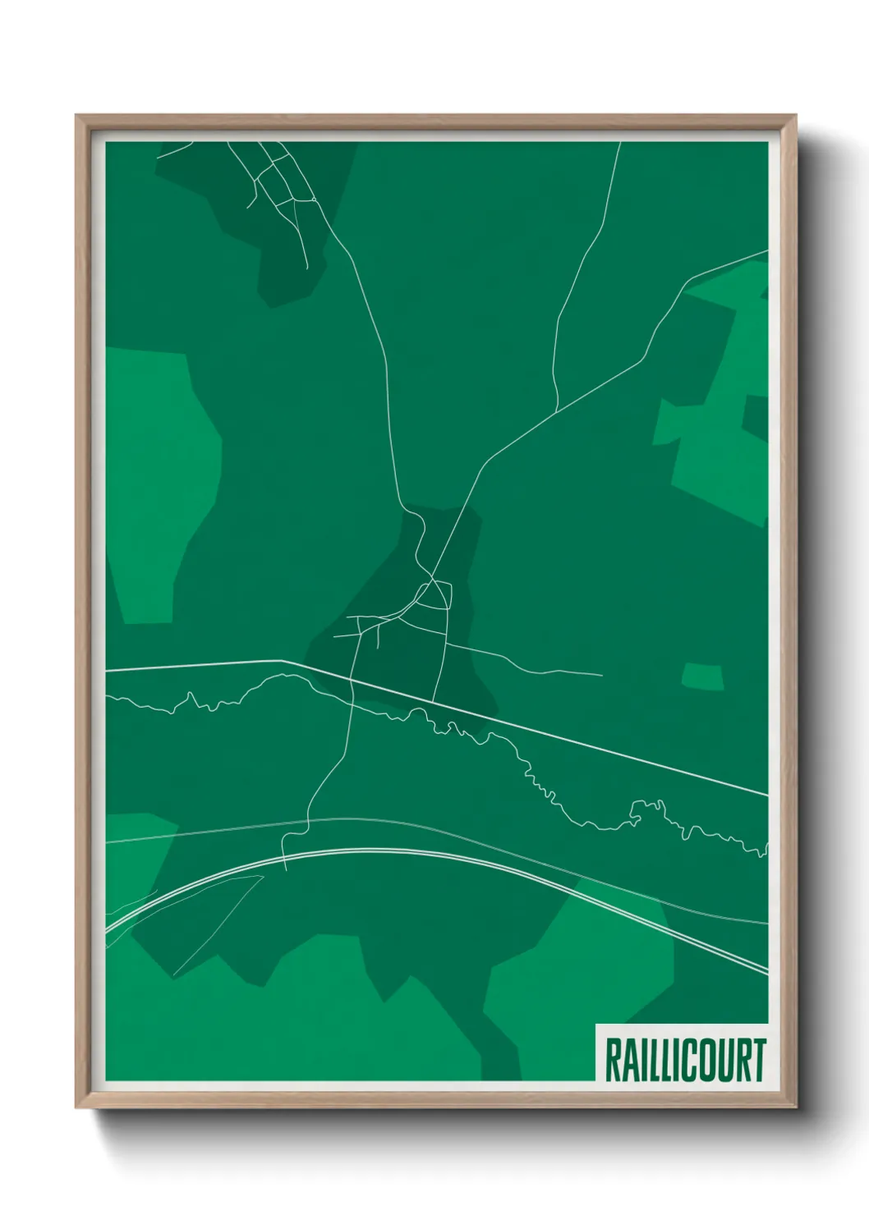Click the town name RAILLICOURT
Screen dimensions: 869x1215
pos(685,1060)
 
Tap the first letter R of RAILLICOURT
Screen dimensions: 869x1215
pos(613,1060)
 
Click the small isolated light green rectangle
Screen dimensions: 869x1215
pos(703,676)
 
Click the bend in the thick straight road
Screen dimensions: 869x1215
pos(282,661)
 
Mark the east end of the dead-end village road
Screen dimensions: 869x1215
pos(602,676)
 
